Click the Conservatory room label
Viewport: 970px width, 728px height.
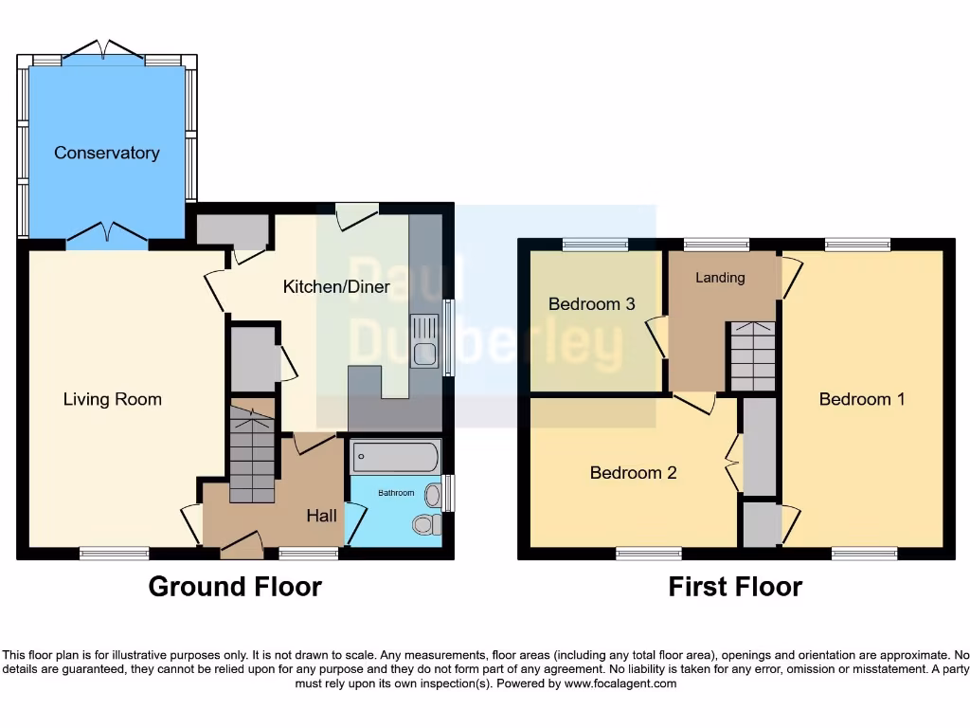coord(106,153)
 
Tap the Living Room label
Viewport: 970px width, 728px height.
coord(112,399)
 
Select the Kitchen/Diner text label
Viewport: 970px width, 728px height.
coord(336,286)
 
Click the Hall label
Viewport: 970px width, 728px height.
coord(321,516)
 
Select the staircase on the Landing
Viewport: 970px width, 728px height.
coord(751,355)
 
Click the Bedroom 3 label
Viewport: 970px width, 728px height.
coord(591,304)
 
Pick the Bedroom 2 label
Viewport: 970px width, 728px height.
coord(633,472)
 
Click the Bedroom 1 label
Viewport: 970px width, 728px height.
coord(861,399)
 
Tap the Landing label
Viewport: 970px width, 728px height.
coord(720,278)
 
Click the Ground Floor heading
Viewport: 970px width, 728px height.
coord(235,587)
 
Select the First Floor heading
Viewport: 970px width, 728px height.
coord(735,587)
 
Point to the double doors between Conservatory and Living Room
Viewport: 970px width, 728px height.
coord(106,233)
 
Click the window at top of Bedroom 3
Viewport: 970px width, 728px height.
coord(595,245)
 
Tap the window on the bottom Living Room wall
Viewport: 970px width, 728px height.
coord(114,553)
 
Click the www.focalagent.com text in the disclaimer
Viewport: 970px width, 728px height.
coord(620,683)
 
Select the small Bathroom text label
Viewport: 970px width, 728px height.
coord(397,493)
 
